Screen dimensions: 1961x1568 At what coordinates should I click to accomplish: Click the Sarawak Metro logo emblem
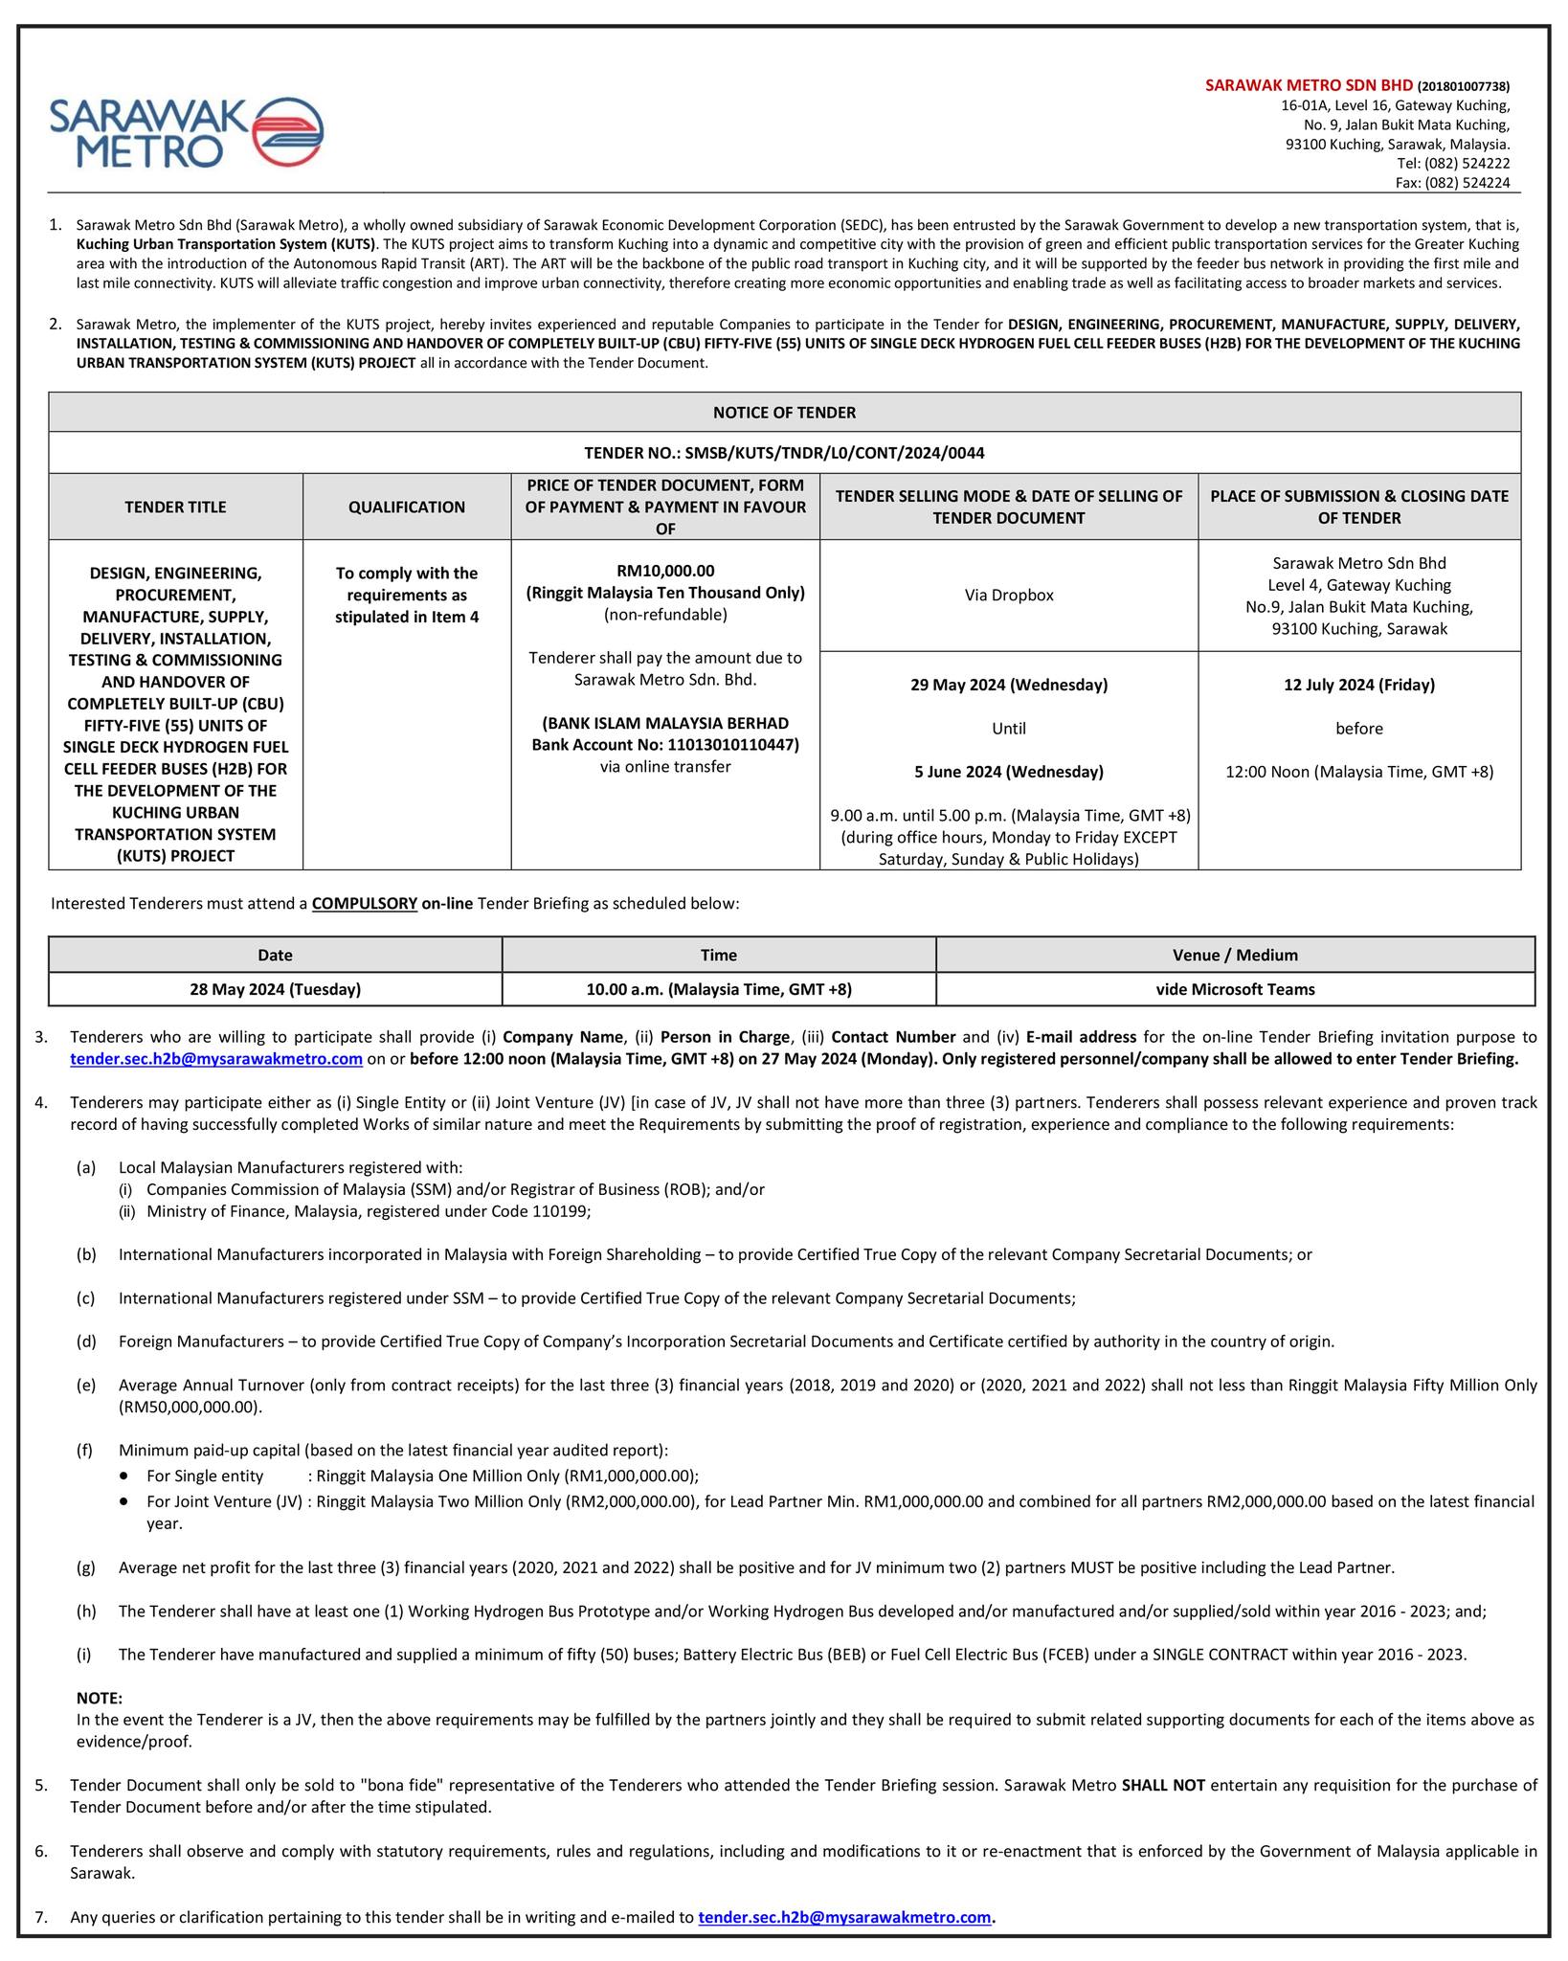point(288,132)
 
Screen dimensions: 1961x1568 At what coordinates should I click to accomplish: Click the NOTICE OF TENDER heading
point(784,413)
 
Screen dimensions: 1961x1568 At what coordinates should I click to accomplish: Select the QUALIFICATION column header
point(407,507)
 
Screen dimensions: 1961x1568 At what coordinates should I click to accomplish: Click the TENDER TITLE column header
point(175,507)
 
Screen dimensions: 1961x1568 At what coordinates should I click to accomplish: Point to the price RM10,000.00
point(665,571)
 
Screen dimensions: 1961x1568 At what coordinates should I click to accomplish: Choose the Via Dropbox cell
point(1009,595)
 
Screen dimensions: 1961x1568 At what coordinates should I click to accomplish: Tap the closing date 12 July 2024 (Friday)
point(1358,685)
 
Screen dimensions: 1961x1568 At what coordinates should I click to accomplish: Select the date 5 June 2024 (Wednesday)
point(1009,771)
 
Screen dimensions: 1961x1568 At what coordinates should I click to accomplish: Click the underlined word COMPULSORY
point(365,903)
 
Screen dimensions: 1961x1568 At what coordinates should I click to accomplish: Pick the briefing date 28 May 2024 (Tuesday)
point(275,989)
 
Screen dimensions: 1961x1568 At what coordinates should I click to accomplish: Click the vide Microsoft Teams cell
point(1235,989)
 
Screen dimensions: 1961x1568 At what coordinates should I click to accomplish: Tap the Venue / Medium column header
point(1235,955)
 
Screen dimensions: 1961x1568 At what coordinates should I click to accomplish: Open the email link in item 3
point(216,1058)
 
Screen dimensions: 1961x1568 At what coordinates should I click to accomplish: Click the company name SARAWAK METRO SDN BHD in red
point(1309,85)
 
